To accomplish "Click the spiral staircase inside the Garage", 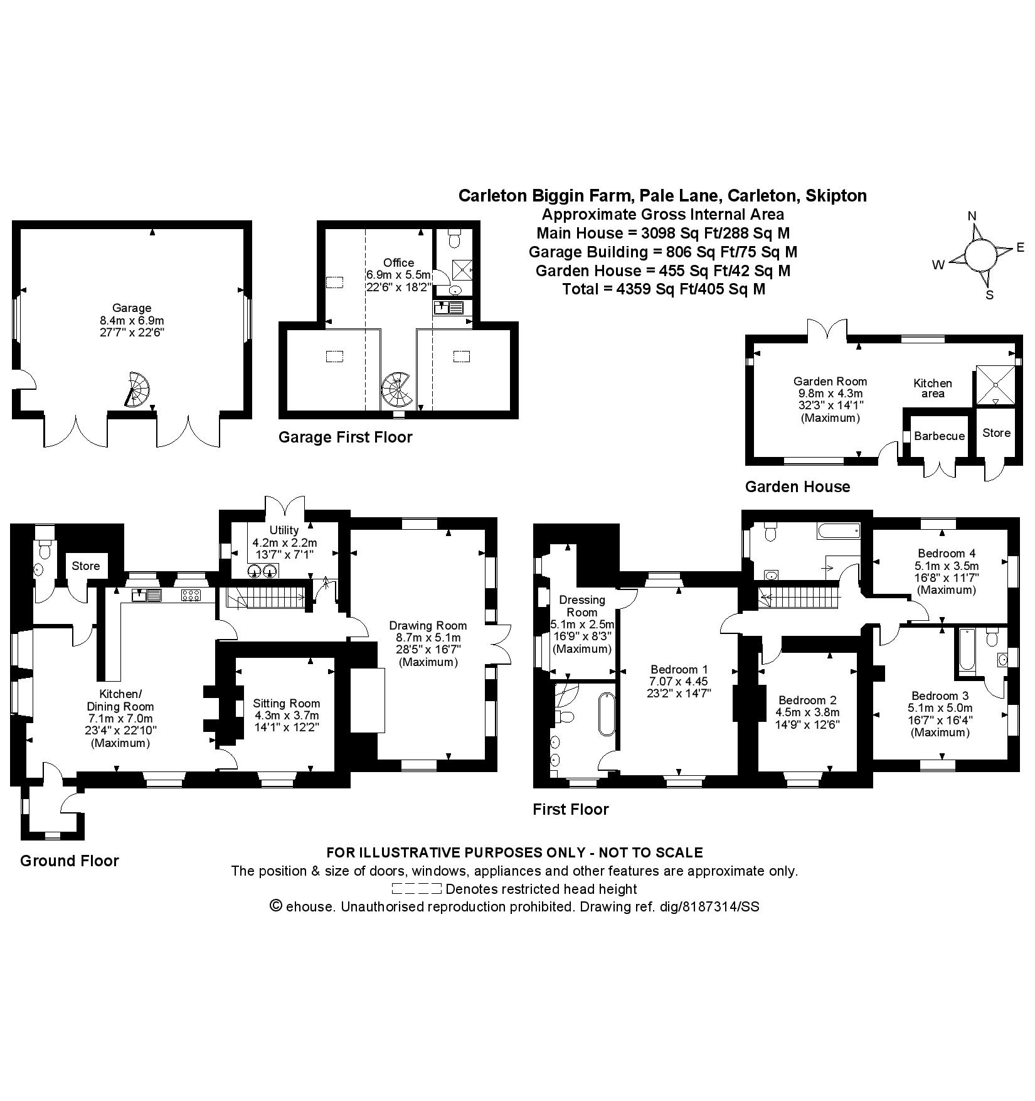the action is tap(138, 390).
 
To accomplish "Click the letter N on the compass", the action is tap(972, 216).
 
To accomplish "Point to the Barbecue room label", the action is tap(939, 436).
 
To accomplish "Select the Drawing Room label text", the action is tap(428, 625).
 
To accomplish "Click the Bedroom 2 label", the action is tap(807, 700).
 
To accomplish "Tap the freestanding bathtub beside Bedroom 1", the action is tap(607, 714).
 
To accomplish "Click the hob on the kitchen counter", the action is tap(191, 594).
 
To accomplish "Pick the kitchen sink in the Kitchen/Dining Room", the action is tap(146, 594).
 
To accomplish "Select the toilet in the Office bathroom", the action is tap(455, 240).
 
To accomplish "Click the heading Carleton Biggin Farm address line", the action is tap(662, 196).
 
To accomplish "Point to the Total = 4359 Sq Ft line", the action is tap(664, 289).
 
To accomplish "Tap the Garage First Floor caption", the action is tap(345, 437).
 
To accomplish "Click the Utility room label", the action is tap(284, 530).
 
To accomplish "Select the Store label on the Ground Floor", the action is tap(85, 566).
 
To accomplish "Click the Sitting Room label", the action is tap(286, 704).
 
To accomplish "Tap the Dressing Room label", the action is tap(581, 606).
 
